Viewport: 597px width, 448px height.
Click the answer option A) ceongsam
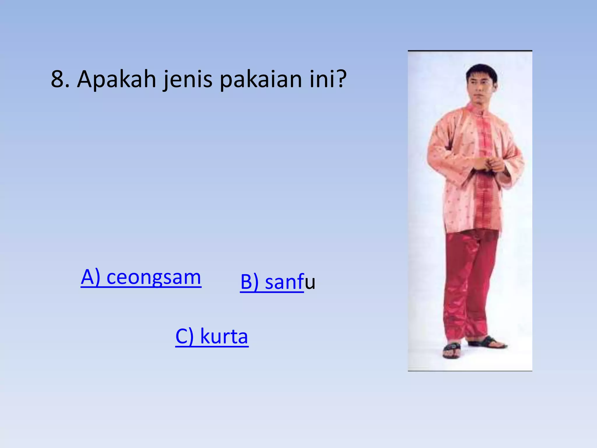[x=141, y=277]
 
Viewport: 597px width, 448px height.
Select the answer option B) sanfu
[x=278, y=282]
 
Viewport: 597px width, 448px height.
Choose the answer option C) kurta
[x=212, y=336]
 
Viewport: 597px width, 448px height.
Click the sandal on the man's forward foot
[x=452, y=350]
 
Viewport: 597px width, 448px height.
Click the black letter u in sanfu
[x=310, y=282]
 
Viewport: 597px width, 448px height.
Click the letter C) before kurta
[x=185, y=336]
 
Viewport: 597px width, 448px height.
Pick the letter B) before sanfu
[x=250, y=282]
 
